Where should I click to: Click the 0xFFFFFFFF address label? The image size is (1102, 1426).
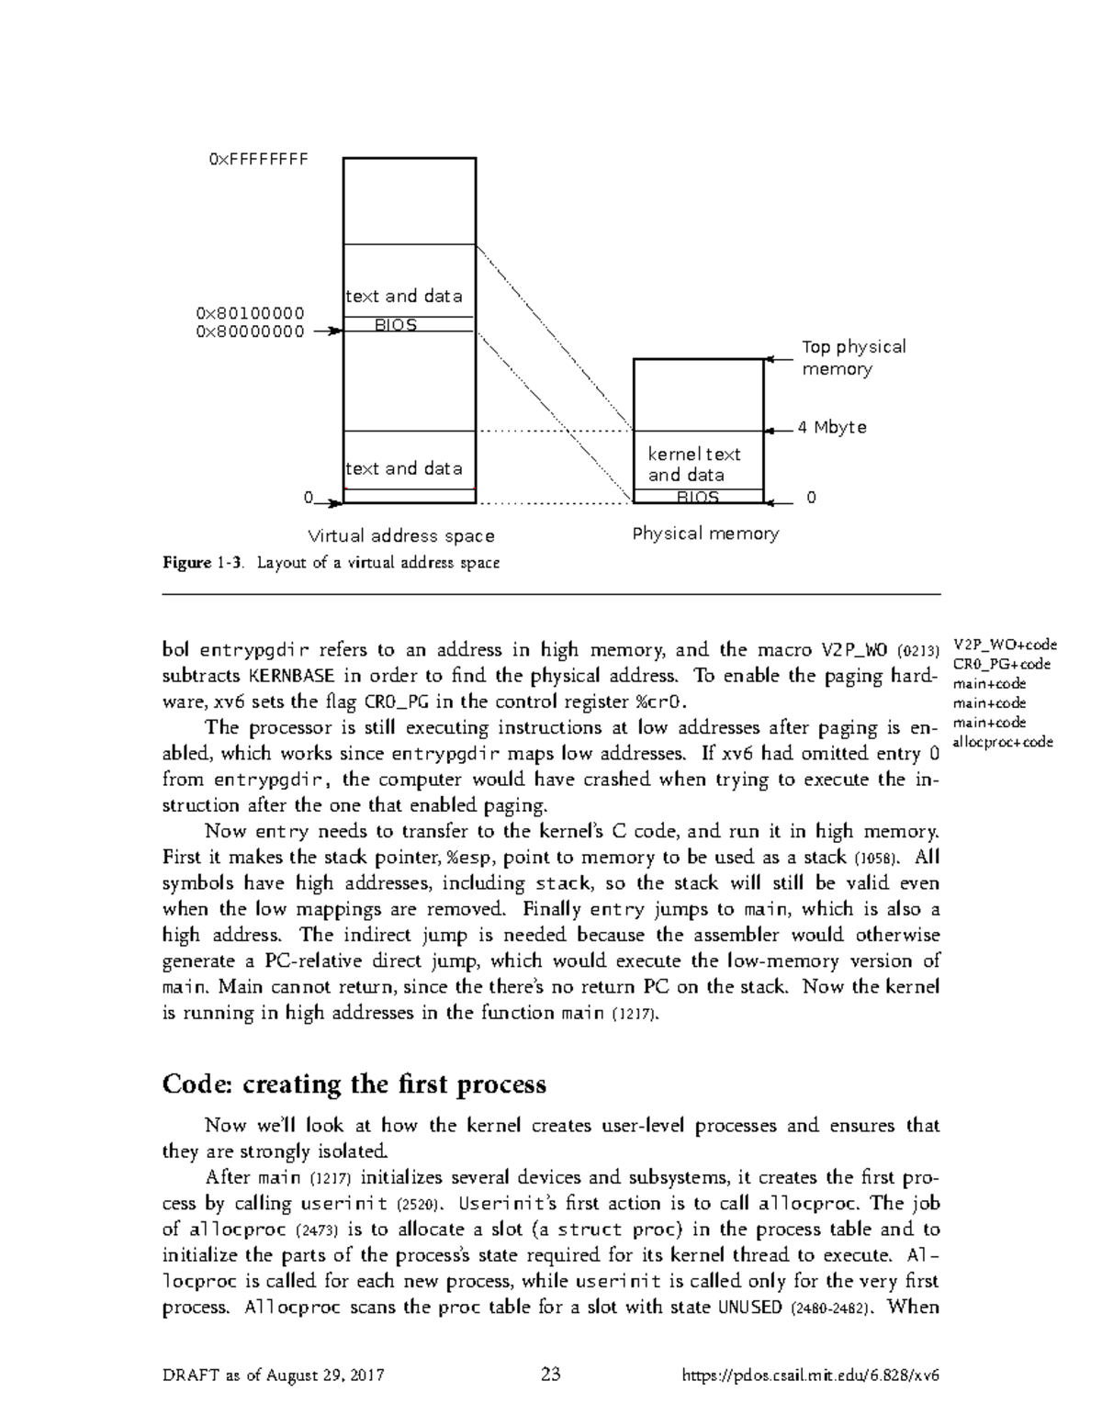point(257,159)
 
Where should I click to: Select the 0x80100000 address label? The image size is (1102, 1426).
point(250,314)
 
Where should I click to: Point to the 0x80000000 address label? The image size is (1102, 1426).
point(250,331)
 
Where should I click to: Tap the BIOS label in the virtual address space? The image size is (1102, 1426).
point(396,325)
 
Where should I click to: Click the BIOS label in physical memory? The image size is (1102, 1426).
point(697,497)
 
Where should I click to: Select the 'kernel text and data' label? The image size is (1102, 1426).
point(693,465)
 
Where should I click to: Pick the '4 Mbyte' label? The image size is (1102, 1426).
point(831,428)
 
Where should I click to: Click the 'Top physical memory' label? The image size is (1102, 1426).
point(853,358)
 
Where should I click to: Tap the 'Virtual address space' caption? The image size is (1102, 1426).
point(400,535)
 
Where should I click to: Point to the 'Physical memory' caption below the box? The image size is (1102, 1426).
point(705,533)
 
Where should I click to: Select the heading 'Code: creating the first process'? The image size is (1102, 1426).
point(354,1084)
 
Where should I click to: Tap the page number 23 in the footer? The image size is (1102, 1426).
point(551,1375)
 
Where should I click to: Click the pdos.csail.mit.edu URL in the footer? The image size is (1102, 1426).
point(811,1375)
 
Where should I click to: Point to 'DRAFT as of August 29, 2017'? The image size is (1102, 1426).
point(273,1375)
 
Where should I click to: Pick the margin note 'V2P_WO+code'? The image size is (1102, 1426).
point(1006,646)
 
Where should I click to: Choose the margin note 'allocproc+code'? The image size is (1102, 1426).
point(1004,742)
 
